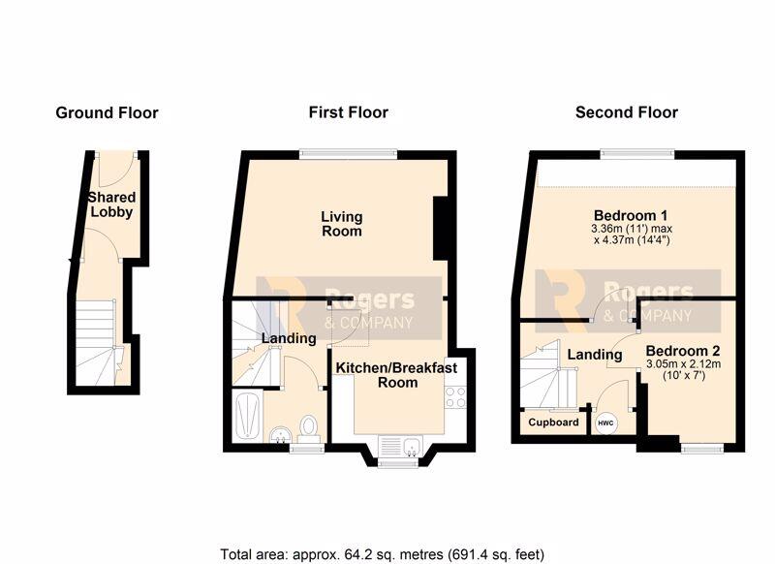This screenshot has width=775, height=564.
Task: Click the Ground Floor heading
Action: [x=107, y=112]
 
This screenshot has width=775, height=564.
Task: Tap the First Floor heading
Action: [x=349, y=112]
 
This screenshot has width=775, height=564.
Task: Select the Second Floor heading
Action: [x=626, y=112]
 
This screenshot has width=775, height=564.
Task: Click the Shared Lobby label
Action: [x=111, y=204]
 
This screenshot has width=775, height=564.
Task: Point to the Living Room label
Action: [x=342, y=224]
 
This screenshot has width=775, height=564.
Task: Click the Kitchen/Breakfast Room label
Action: [x=397, y=375]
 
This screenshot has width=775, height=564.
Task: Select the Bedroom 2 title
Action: [x=683, y=351]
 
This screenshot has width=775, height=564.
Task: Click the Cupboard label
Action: [x=553, y=423]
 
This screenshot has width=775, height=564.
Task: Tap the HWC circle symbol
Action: [x=605, y=423]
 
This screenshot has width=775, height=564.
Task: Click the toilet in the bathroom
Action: [x=309, y=429]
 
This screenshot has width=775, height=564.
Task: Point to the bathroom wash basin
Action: [x=280, y=434]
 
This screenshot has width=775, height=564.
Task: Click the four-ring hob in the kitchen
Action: [x=455, y=397]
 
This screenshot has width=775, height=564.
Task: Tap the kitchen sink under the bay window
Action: [x=412, y=447]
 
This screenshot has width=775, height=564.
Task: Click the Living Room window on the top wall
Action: [x=349, y=154]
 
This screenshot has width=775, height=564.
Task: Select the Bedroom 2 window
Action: [x=702, y=449]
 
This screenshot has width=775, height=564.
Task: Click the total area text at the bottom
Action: [x=382, y=553]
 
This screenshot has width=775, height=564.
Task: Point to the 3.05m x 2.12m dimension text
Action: [x=683, y=364]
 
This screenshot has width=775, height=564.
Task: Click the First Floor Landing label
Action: [x=289, y=338]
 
